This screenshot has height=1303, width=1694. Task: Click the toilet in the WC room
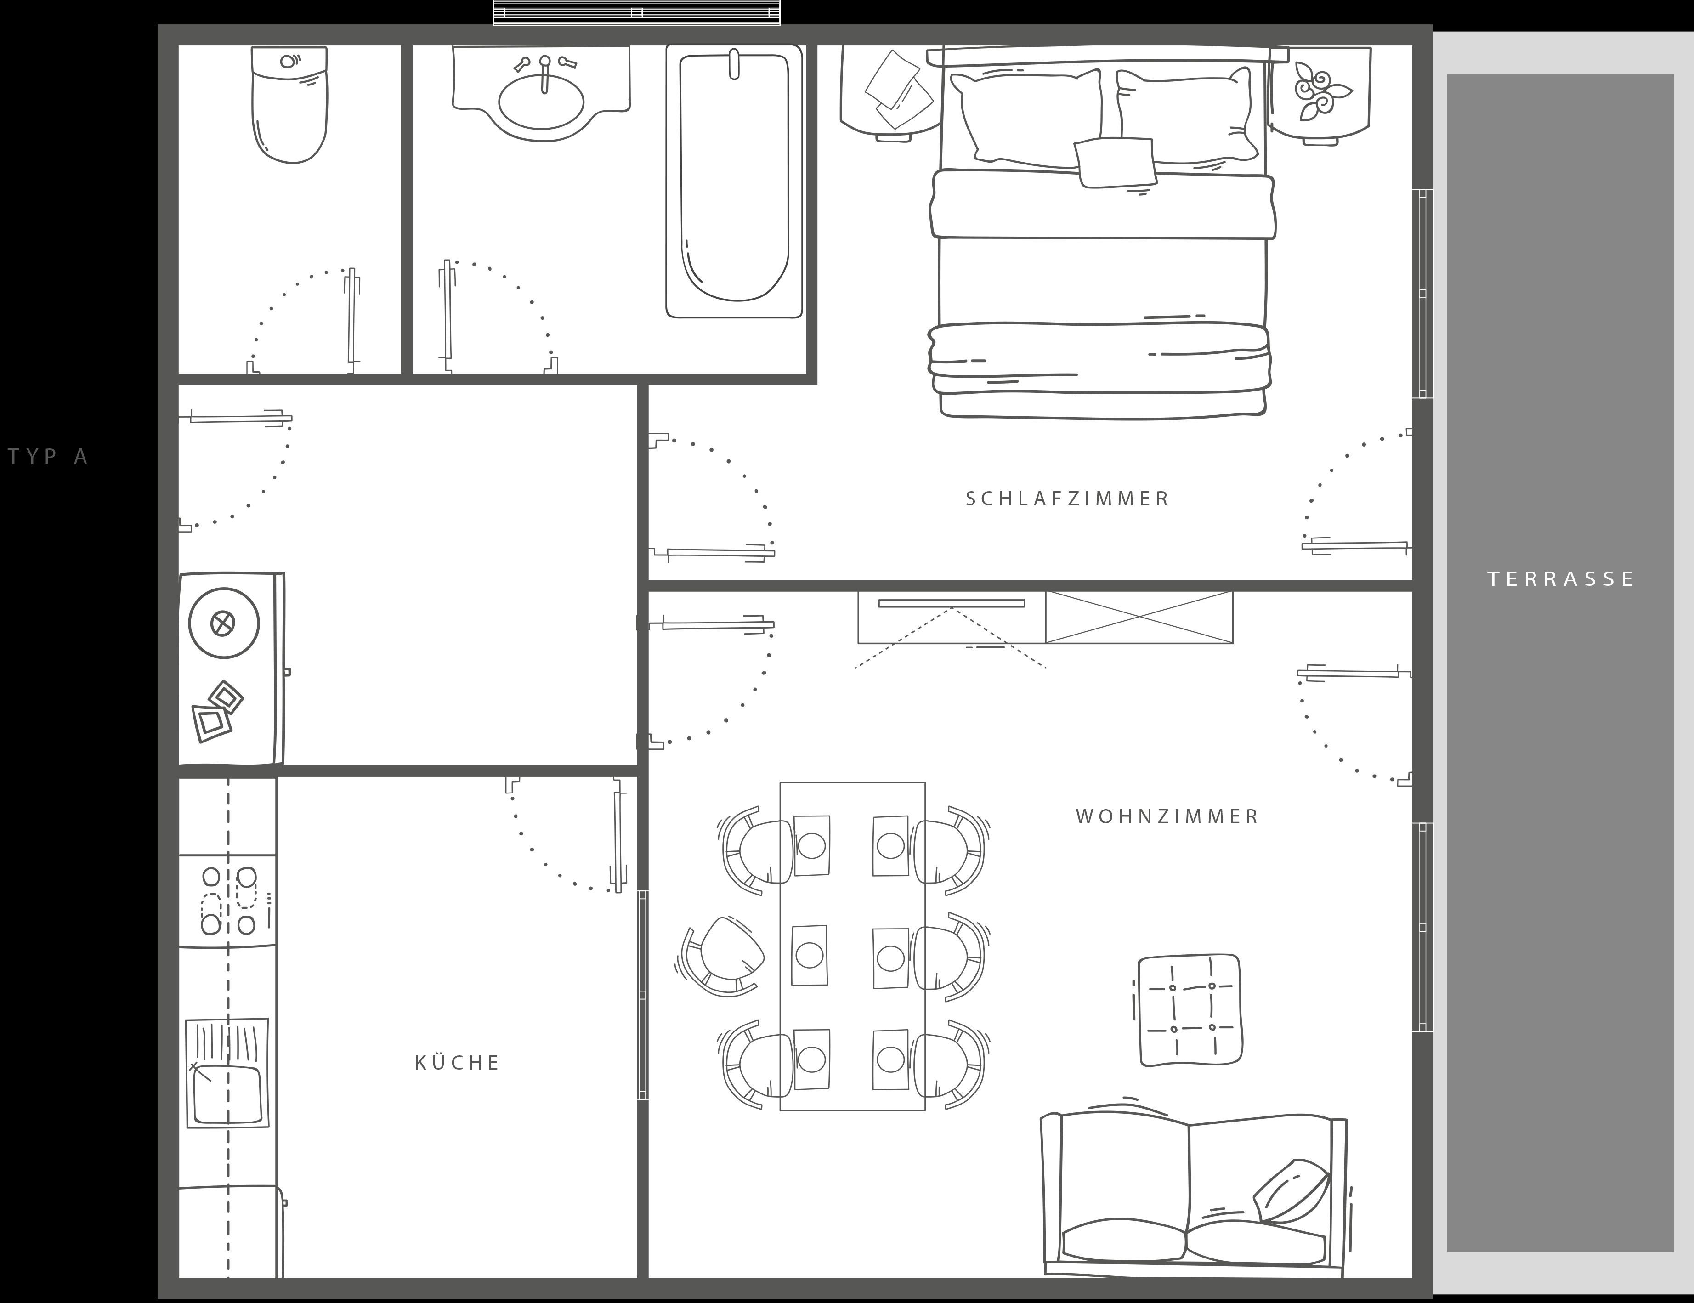click(289, 105)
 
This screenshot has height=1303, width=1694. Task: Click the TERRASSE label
click(1561, 578)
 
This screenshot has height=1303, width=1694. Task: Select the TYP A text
click(48, 456)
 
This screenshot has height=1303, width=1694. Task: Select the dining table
click(852, 946)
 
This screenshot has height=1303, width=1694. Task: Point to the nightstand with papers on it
click(892, 91)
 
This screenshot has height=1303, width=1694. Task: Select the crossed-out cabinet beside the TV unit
click(1139, 618)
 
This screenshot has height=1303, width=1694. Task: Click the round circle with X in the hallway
click(223, 623)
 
